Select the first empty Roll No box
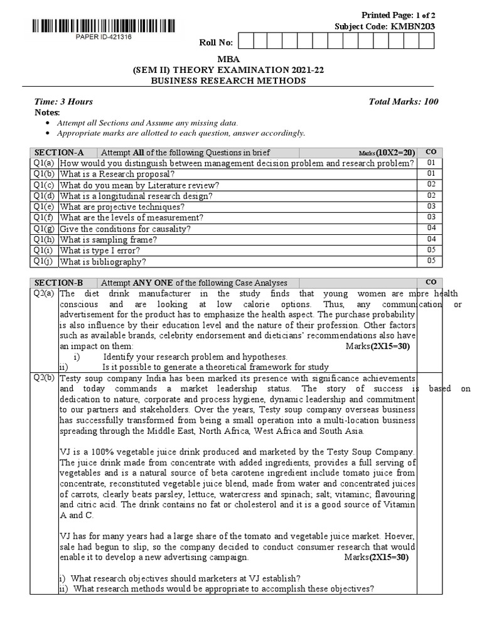click(245, 41)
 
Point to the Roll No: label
click(216, 42)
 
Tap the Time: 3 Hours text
click(63, 102)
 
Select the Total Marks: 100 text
click(404, 102)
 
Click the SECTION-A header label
click(58, 153)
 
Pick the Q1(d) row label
click(45, 196)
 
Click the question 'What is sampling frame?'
click(109, 240)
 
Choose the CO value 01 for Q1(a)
click(431, 163)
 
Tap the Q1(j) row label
click(45, 262)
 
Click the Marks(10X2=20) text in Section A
click(387, 153)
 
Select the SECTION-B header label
click(58, 283)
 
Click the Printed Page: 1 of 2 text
click(398, 15)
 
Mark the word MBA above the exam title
click(224, 59)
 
